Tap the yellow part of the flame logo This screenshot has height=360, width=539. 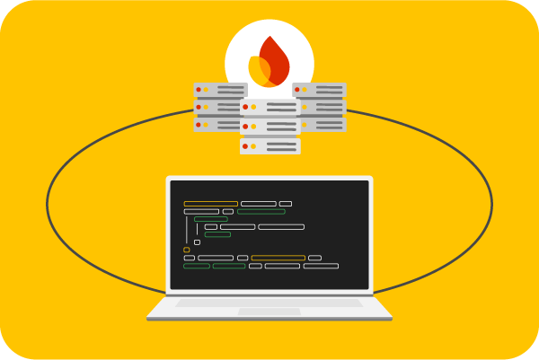258,70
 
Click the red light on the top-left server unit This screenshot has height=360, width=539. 199,90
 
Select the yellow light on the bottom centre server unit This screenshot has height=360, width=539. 253,145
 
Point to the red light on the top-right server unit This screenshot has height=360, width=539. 297,90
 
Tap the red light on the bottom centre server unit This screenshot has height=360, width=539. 244,145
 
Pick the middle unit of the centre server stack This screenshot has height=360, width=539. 269,126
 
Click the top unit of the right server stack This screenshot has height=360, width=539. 319,90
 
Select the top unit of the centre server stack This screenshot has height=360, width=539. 269,107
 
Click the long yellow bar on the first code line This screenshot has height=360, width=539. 211,204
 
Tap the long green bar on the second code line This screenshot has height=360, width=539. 261,212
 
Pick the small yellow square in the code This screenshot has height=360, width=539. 187,250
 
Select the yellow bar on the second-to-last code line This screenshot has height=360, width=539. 278,258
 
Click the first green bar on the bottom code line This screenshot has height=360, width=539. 197,266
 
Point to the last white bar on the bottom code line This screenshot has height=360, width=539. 321,266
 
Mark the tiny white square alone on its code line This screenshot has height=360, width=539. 198,241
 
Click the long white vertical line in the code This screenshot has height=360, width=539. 187,229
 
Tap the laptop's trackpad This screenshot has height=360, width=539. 269,312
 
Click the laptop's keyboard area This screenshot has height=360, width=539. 269,303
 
